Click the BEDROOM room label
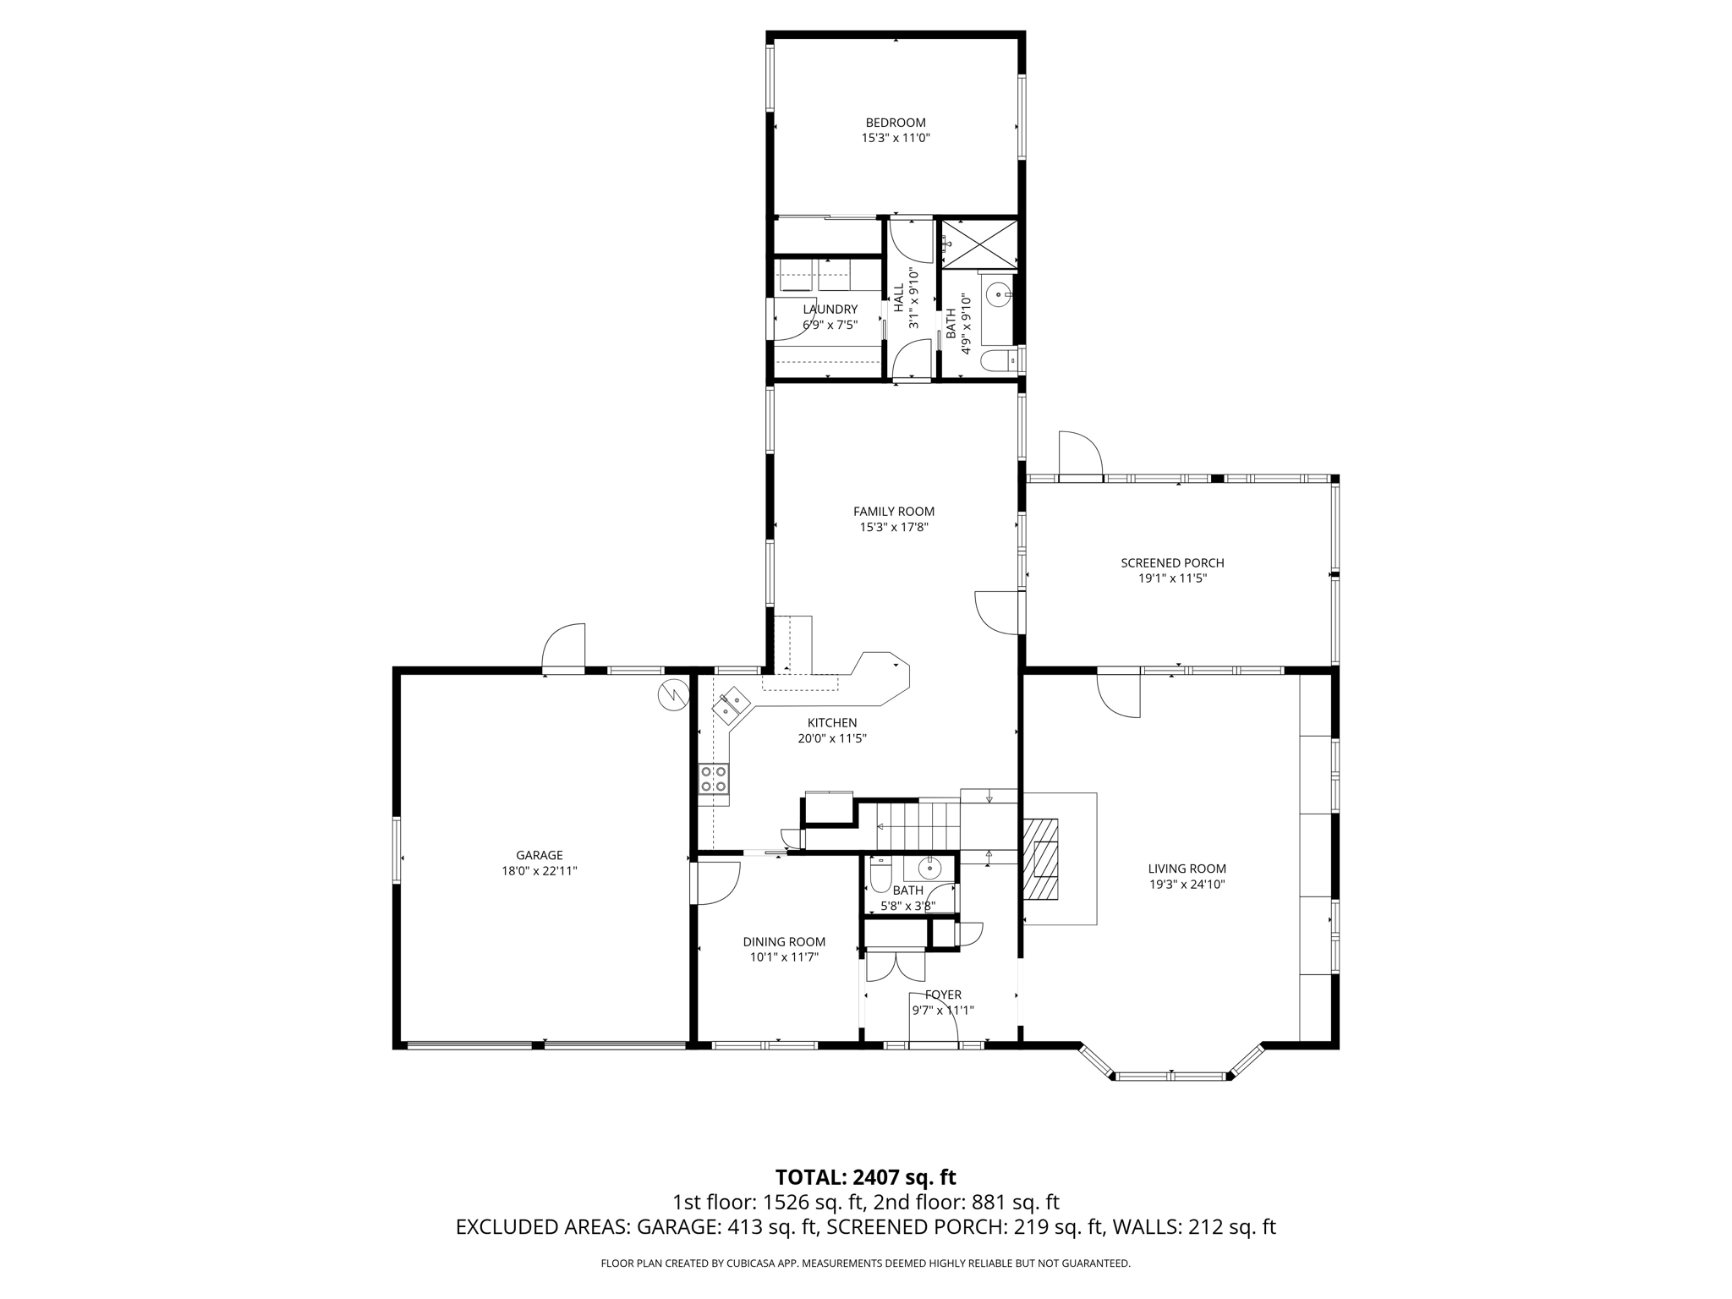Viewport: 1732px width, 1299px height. click(x=895, y=123)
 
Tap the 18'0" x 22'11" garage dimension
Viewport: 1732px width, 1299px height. click(x=539, y=870)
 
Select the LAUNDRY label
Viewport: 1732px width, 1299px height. click(x=830, y=310)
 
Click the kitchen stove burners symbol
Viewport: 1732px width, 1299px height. click(x=713, y=778)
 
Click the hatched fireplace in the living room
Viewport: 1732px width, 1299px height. click(x=1040, y=859)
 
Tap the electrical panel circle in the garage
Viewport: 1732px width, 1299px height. click(x=673, y=695)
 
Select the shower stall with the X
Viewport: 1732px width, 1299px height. click(x=979, y=244)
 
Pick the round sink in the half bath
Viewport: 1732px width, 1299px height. click(x=929, y=868)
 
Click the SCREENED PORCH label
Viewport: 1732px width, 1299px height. click(x=1171, y=563)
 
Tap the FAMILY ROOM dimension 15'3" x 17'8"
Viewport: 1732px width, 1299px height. click(x=894, y=527)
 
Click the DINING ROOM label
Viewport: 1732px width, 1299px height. click(x=784, y=942)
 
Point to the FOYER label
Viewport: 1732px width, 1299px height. click(x=943, y=995)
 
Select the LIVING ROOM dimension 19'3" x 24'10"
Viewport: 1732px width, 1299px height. click(x=1187, y=885)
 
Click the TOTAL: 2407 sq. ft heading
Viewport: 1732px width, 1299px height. click(x=865, y=1177)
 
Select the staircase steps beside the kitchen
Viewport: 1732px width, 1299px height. click(x=918, y=826)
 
